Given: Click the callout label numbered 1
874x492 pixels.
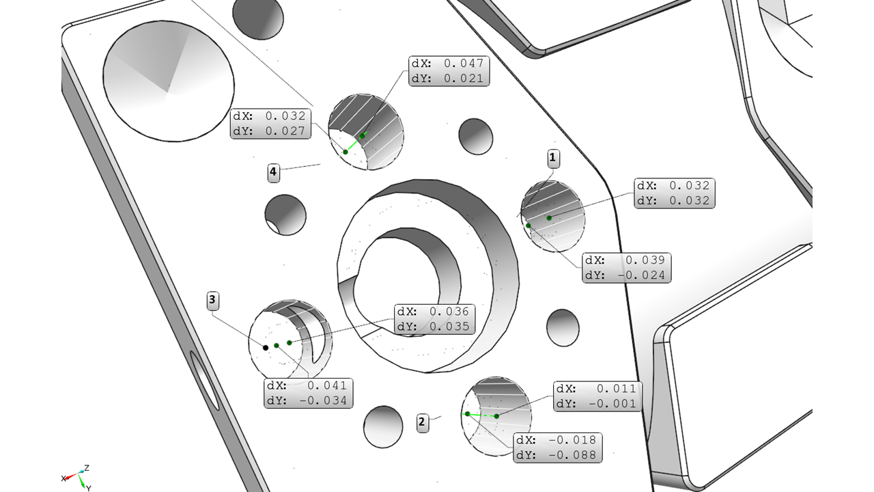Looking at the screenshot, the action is tap(553, 158).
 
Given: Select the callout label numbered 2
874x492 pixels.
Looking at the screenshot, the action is tap(422, 422).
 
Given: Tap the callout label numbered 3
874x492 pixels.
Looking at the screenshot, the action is tap(212, 300).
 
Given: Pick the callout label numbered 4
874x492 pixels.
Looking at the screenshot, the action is tap(274, 172).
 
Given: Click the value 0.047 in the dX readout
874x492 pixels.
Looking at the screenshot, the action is tap(464, 64).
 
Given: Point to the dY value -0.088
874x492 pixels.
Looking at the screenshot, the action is tap(572, 455).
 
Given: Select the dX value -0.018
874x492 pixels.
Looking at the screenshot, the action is tap(572, 441).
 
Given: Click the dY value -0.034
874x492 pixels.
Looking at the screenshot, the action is tap(323, 400).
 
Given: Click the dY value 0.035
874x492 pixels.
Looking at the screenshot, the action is tap(449, 327).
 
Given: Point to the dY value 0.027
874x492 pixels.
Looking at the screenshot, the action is tap(285, 131).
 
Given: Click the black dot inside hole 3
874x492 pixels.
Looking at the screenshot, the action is tap(266, 348).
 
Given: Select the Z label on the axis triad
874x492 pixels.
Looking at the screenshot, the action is tap(87, 468).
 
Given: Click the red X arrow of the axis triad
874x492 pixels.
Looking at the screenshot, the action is tap(71, 476).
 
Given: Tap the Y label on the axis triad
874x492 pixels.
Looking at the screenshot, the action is tap(89, 488).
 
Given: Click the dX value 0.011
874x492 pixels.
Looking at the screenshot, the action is tap(617, 389).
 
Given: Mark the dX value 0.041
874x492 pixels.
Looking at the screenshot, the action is tap(327, 386).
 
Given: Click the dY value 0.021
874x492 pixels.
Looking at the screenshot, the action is tap(464, 79).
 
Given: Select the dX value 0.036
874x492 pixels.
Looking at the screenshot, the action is tap(449, 312).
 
